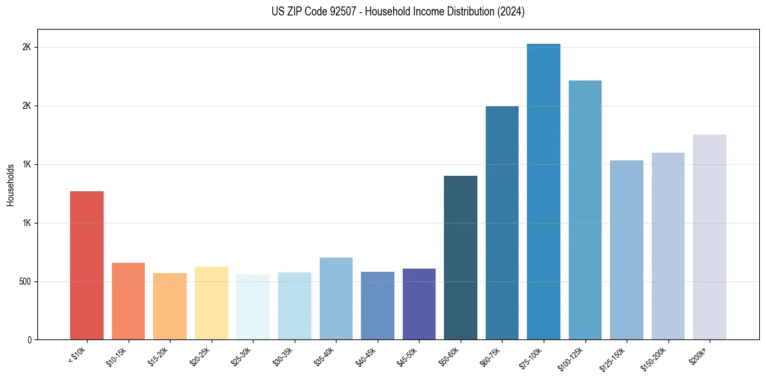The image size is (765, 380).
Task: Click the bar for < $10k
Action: click(x=87, y=265)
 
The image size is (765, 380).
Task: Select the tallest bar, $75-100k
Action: click(x=544, y=192)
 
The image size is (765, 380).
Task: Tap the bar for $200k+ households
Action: click(x=710, y=237)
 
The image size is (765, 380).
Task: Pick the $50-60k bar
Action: click(x=461, y=258)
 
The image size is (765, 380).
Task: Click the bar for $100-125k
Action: click(x=585, y=210)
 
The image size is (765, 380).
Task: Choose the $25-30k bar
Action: click(x=253, y=307)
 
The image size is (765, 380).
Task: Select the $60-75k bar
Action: click(x=502, y=223)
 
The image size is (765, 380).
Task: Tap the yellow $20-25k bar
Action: click(x=212, y=303)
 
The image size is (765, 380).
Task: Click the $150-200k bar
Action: click(x=668, y=246)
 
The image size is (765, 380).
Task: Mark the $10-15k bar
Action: click(x=129, y=301)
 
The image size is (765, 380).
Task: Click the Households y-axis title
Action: click(x=11, y=185)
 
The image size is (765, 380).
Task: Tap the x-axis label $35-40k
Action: click(x=326, y=357)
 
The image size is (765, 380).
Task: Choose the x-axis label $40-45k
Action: click(x=367, y=357)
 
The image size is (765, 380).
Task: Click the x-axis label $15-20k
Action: click(x=159, y=357)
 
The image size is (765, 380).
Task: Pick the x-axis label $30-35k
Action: click(x=284, y=357)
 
